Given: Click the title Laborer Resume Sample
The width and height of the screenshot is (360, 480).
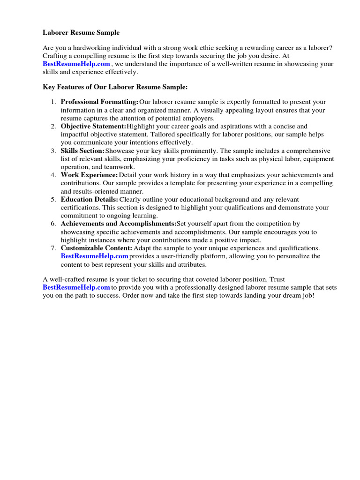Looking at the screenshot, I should [x=81, y=33].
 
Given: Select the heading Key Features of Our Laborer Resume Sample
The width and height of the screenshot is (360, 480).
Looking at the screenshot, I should [x=115, y=87].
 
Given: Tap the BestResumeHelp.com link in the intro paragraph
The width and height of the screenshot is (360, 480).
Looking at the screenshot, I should [x=76, y=64].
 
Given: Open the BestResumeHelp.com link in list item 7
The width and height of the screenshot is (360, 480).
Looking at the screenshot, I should [x=94, y=256].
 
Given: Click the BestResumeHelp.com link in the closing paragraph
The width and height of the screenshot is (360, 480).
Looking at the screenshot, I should [x=76, y=287].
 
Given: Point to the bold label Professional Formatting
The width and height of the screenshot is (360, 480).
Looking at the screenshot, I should [x=99, y=102].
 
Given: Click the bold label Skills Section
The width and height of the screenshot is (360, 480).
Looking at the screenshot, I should [x=82, y=150].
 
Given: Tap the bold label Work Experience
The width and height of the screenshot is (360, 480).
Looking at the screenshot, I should [x=89, y=175].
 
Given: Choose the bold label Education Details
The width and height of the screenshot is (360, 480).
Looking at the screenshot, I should [x=89, y=199].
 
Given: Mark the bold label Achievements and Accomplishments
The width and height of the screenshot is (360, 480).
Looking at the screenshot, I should [x=118, y=224].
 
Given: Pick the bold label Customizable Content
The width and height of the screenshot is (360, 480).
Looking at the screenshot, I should [x=97, y=248].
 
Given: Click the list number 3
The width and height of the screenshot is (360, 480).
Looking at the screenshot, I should [x=53, y=150].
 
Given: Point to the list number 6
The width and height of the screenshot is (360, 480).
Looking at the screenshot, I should [x=53, y=224].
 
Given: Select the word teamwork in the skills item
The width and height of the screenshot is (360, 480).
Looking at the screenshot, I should [x=120, y=167].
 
